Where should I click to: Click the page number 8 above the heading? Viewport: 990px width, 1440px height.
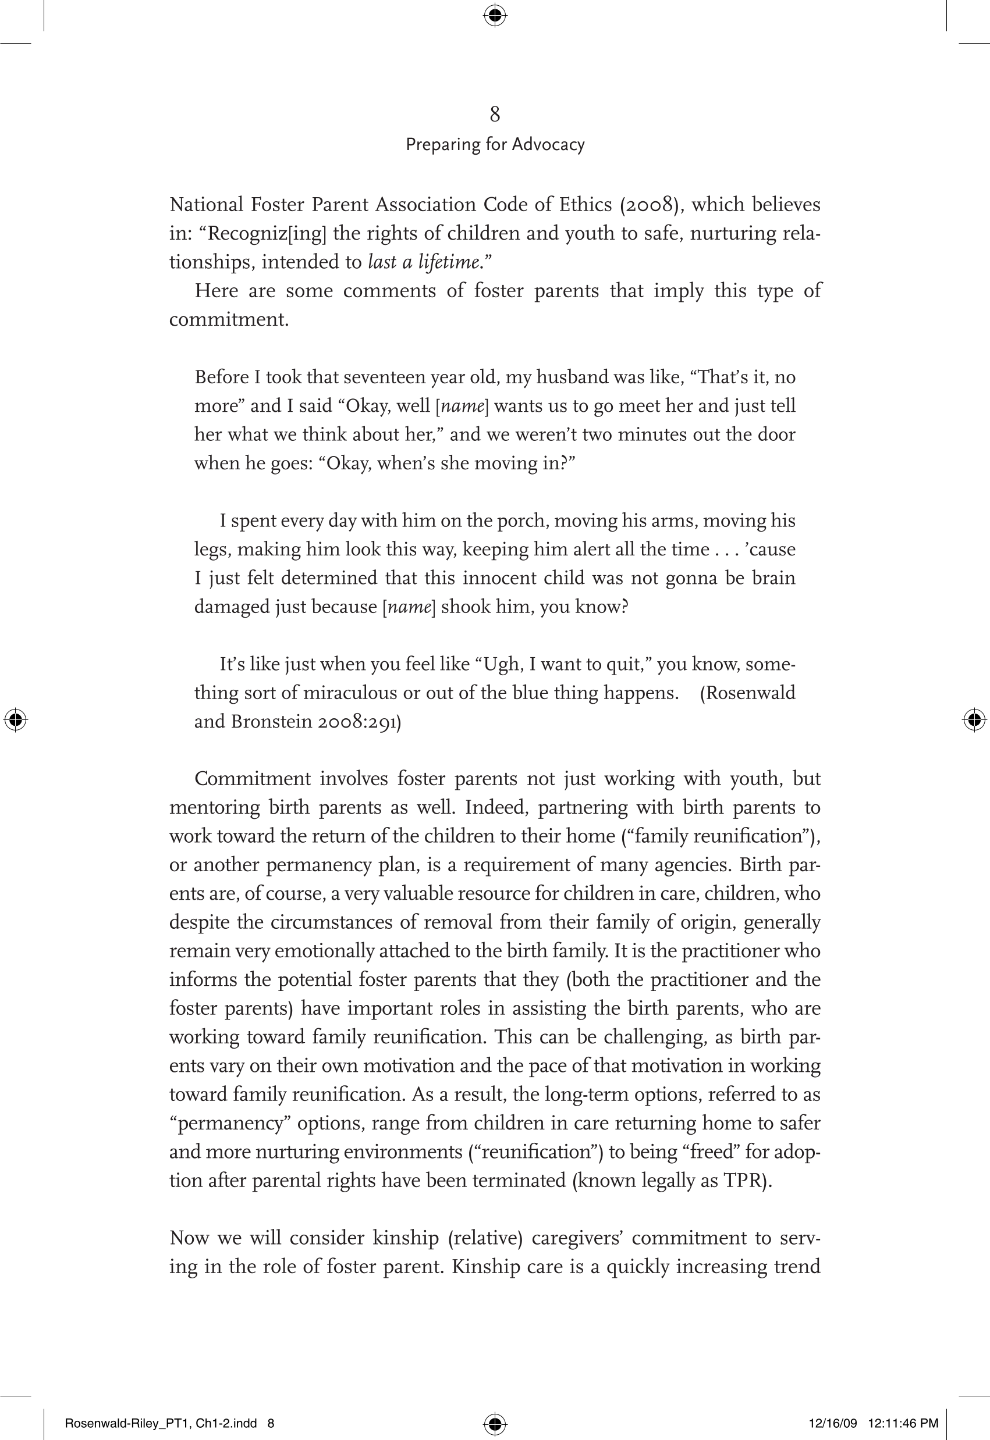[x=494, y=114]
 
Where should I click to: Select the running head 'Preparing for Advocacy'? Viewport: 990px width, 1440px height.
[x=494, y=144]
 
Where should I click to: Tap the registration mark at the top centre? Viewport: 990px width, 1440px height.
[x=494, y=15]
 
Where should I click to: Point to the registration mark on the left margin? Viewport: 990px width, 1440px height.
[x=16, y=719]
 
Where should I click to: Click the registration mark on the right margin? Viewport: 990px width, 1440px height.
[x=974, y=719]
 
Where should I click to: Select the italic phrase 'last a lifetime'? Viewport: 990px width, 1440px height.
[x=424, y=262]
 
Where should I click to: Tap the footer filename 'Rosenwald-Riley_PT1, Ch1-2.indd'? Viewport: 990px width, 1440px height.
[x=161, y=1423]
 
